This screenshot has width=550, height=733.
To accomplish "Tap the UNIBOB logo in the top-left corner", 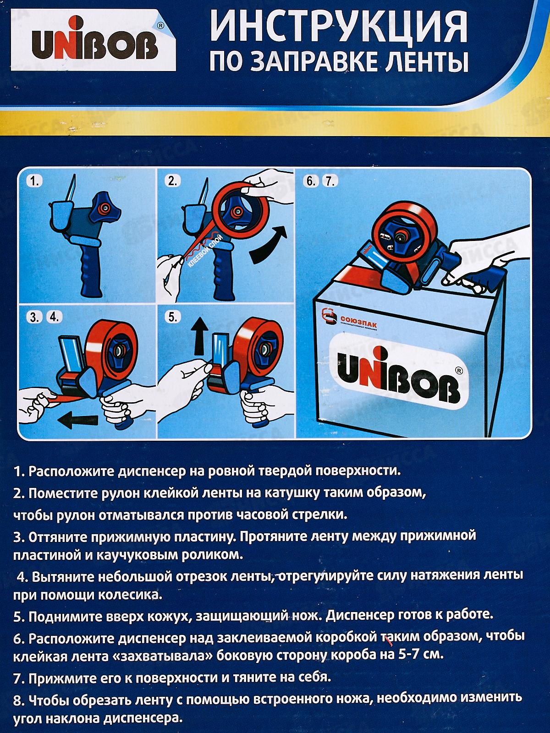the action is tap(94, 40).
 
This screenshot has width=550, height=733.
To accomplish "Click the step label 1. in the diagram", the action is tap(34, 181).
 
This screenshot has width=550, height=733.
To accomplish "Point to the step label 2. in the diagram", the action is tap(173, 181).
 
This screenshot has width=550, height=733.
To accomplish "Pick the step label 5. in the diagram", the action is tap(173, 317).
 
